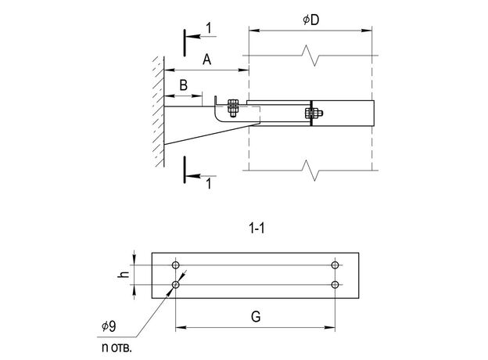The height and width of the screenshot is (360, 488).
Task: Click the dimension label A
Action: point(206,59)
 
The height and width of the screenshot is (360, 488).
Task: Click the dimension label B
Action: point(183,85)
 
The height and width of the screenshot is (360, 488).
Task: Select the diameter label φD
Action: point(310,20)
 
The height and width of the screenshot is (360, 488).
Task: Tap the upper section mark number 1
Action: point(208,29)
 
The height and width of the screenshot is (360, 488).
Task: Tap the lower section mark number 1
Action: point(207,184)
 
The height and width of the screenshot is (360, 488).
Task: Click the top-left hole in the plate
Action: point(176,265)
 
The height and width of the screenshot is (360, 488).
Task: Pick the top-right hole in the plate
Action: point(335,265)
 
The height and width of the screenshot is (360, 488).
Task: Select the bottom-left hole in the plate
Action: point(176,284)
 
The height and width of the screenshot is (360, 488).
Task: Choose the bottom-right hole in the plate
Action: point(335,284)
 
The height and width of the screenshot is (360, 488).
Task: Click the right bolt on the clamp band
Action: point(310,115)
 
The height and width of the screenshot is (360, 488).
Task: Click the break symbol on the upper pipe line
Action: point(311,56)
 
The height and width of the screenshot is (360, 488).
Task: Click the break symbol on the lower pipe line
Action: point(311,169)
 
